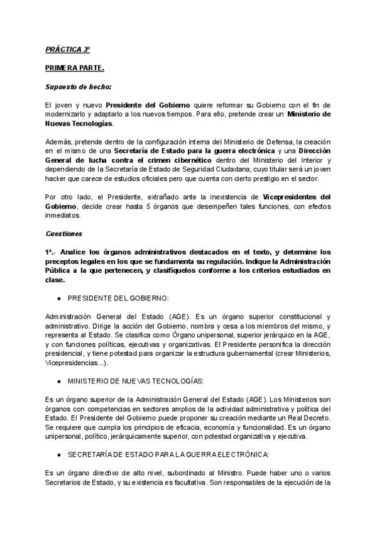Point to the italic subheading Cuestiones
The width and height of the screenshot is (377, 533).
tap(63, 233)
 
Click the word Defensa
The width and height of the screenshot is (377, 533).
tap(276, 143)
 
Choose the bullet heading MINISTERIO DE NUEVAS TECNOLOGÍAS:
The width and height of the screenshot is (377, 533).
tap(133, 382)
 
